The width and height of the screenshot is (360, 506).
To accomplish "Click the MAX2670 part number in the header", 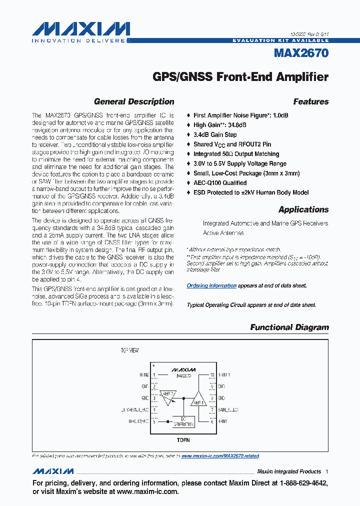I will (301, 52).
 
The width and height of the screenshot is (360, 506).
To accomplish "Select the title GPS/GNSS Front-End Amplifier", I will (240, 77).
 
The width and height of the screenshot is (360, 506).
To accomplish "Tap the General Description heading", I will (134, 101).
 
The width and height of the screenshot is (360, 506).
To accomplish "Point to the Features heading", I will (310, 101).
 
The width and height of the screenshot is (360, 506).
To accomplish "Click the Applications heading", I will (303, 209).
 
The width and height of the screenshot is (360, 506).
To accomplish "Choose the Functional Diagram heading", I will (289, 327).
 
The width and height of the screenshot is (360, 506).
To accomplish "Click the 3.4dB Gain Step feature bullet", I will (215, 134).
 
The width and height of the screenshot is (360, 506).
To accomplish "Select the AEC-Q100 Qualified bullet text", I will (219, 183).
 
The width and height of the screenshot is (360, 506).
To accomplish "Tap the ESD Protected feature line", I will (251, 192).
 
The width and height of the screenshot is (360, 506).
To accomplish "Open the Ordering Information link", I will (211, 285).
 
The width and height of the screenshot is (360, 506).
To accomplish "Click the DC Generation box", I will (183, 421).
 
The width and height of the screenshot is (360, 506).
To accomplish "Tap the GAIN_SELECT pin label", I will (228, 409).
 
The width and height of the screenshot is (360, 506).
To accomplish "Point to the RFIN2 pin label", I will (144, 374).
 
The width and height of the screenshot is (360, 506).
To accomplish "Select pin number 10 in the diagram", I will (212, 374).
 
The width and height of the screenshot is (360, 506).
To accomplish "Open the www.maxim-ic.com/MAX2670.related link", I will (220, 456).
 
